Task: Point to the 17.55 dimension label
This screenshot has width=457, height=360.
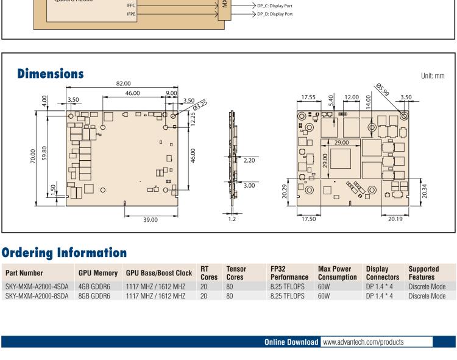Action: click(309, 96)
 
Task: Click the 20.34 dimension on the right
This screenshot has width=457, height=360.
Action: click(443, 192)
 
